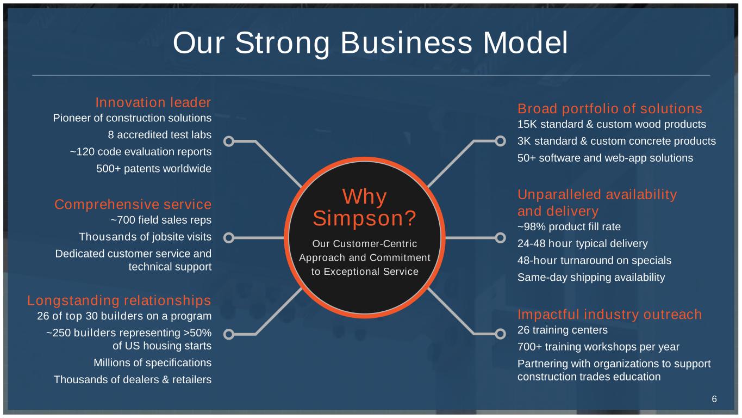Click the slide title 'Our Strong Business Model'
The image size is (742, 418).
point(370,43)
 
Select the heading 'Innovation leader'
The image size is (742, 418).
point(153,102)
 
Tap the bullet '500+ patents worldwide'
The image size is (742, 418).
point(154,169)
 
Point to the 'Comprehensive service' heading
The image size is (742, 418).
point(133,205)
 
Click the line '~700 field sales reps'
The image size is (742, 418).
point(161,220)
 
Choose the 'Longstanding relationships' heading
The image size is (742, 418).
point(119,300)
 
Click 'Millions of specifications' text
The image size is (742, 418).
point(152,362)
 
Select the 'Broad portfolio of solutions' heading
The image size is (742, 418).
point(610,108)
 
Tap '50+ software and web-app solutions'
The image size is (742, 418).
point(605,158)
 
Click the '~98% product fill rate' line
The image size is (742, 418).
point(569,226)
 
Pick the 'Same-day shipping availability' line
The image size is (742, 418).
point(591,277)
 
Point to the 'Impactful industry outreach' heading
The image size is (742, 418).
point(609,315)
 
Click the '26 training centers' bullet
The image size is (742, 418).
point(562,330)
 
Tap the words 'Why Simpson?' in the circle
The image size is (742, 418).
point(365,208)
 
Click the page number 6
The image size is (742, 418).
point(714,399)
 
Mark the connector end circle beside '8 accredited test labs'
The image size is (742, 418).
point(229,142)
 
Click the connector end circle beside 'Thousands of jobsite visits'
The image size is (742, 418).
point(229,238)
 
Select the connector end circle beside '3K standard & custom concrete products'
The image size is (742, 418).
point(500,142)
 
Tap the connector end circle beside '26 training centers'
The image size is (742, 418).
point(500,334)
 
